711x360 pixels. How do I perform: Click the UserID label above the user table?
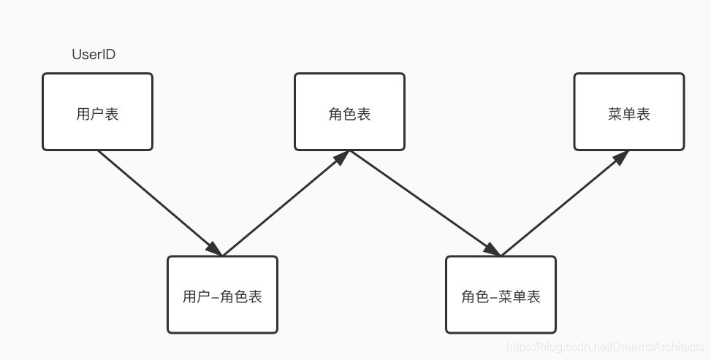tap(94, 55)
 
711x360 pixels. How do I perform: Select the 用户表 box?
tap(97, 112)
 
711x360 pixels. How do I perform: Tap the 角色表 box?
tap(349, 112)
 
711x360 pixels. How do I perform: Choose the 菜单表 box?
tap(628, 112)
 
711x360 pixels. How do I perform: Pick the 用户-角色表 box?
tap(222, 294)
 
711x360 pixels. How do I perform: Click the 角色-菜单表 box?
tap(501, 294)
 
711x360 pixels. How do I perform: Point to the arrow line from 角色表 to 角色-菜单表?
tap(420, 201)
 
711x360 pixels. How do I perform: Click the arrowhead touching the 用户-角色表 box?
tap(214, 249)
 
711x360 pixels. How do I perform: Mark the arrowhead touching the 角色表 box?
tap(341, 158)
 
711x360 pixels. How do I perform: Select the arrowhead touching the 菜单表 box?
tap(620, 157)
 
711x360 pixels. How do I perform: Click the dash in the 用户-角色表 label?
tap(215, 297)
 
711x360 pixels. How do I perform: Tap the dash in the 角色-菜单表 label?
tap(494, 297)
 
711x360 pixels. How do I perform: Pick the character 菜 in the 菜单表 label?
tap(615, 114)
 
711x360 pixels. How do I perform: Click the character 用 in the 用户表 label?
tap(83, 114)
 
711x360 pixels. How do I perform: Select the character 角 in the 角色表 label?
tap(335, 114)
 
